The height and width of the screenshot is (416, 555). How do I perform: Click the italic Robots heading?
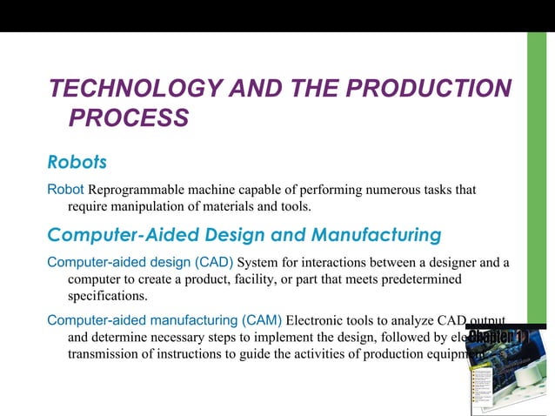tap(77, 162)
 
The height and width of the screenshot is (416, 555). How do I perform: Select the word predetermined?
tap(412, 278)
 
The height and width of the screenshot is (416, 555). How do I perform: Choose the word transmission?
tap(108, 355)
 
